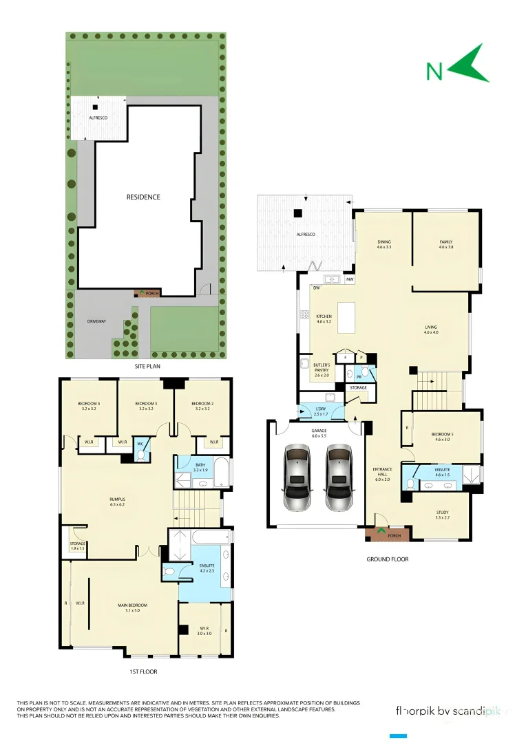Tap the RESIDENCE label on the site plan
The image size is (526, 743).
[143, 197]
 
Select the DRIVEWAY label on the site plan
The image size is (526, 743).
[97, 321]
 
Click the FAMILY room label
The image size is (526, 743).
[446, 242]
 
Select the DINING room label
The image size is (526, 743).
[384, 242]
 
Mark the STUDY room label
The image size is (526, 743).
[442, 513]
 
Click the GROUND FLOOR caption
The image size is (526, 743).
[387, 559]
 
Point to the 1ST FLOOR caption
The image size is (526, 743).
[143, 671]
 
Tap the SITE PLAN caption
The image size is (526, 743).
[147, 367]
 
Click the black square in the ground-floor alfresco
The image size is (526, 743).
[297, 213]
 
